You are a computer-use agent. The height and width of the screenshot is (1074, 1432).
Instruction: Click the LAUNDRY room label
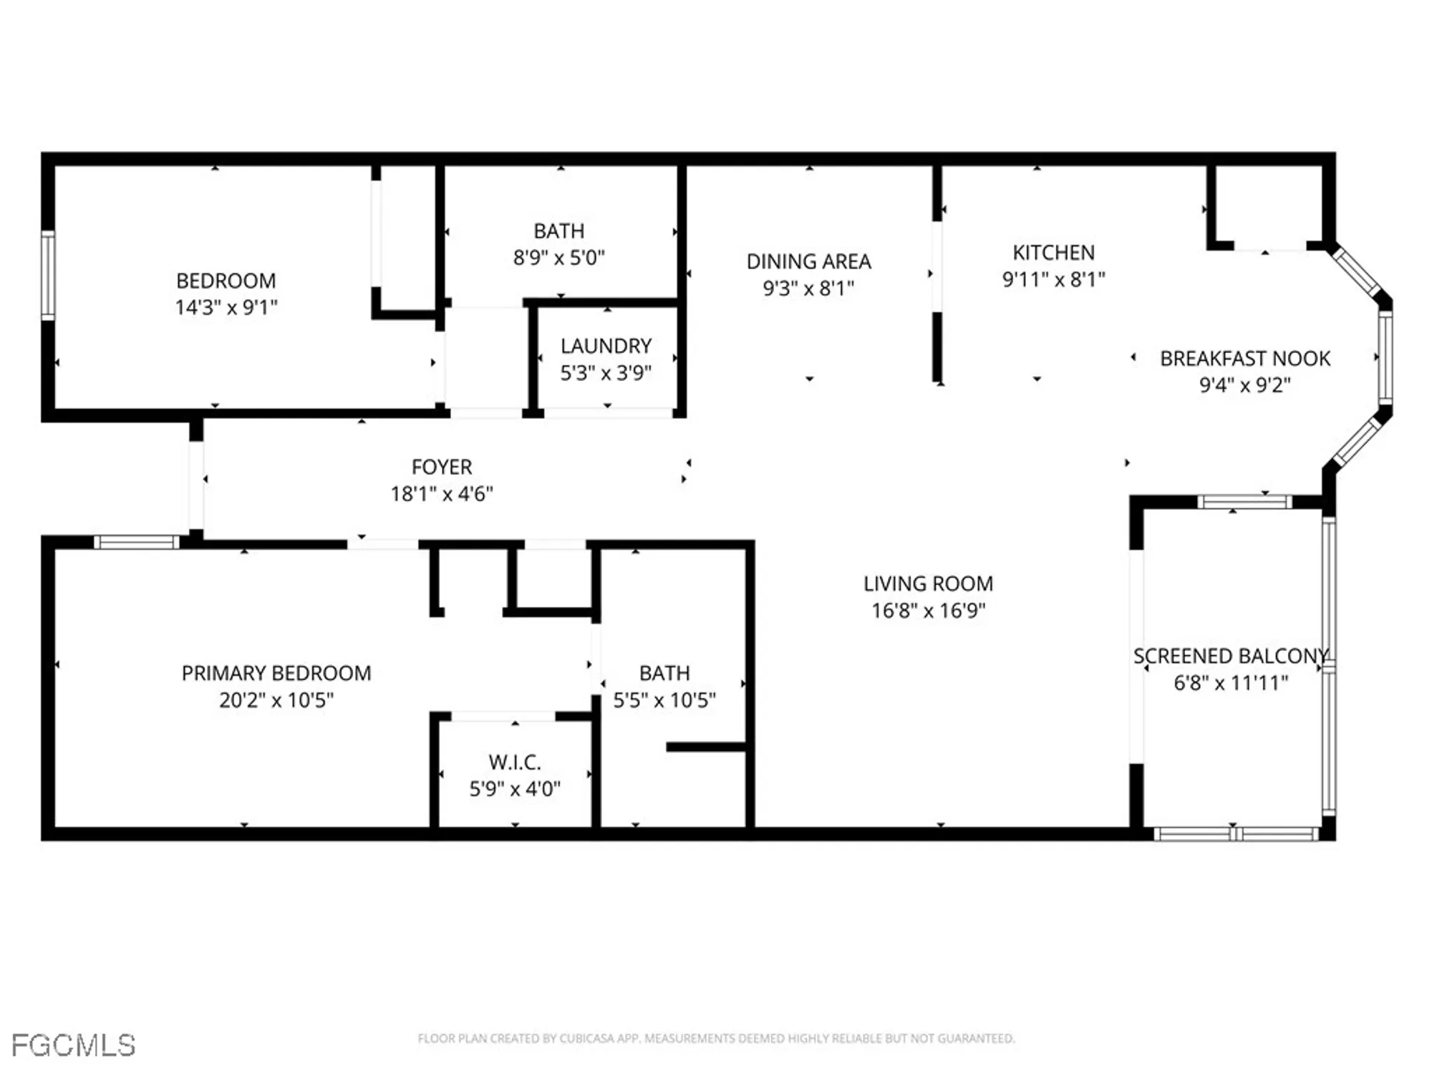[606, 346]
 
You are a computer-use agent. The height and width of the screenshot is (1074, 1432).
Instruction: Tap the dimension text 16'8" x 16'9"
[928, 611]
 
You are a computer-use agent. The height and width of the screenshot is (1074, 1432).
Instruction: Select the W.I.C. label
[514, 762]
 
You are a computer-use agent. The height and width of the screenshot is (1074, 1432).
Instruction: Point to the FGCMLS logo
[73, 1045]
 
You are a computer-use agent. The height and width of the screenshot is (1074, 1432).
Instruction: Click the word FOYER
[442, 467]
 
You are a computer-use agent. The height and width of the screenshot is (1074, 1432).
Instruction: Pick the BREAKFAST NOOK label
[1244, 358]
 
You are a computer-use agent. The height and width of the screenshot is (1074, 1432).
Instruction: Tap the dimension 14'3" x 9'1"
[226, 307]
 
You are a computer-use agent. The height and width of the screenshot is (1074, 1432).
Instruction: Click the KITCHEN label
[1053, 253]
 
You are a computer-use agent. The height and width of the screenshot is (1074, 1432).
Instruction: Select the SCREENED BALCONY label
[1230, 656]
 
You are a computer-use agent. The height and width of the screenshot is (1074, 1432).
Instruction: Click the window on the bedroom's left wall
[48, 275]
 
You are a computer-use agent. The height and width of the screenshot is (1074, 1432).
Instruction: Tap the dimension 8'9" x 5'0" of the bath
[558, 258]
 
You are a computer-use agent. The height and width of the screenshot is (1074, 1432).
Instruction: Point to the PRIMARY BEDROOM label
[276, 673]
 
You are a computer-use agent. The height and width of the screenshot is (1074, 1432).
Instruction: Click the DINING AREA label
[808, 261]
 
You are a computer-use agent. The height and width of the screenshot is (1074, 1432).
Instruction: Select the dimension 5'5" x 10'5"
[664, 700]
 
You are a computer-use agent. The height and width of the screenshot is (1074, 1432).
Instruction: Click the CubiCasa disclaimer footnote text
[716, 1038]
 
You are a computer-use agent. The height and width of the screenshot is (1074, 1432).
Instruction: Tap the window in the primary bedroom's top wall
[136, 543]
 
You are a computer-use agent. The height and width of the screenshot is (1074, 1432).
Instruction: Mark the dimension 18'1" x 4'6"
[442, 494]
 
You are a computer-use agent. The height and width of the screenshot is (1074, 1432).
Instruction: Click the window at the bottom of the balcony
[1236, 833]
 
